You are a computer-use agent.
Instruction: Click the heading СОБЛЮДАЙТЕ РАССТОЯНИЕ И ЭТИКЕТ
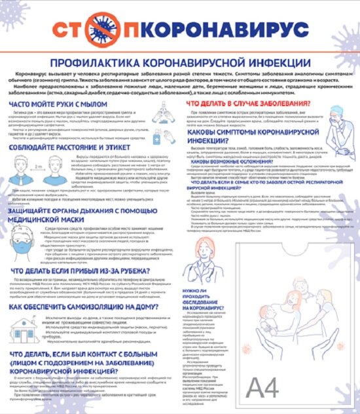click(x=73, y=149)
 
